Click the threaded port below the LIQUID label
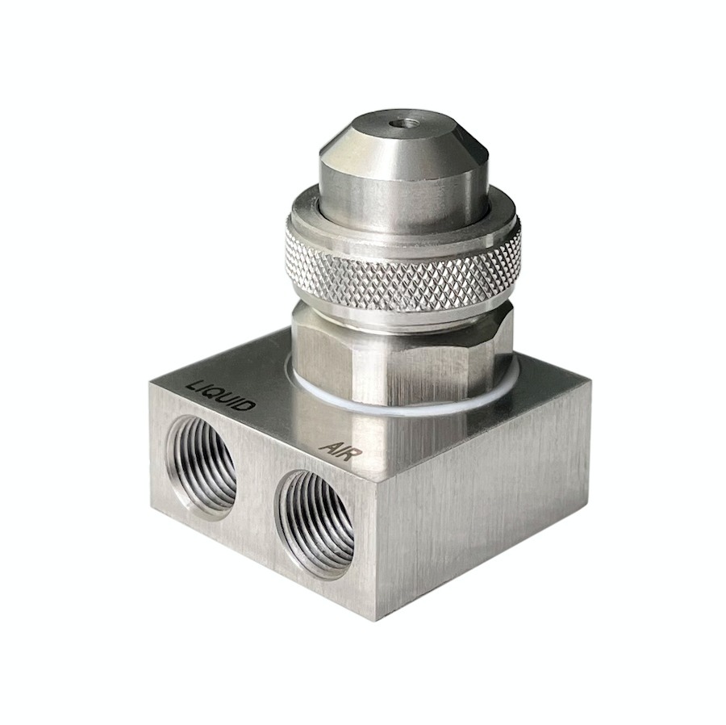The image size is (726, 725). (202, 467)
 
